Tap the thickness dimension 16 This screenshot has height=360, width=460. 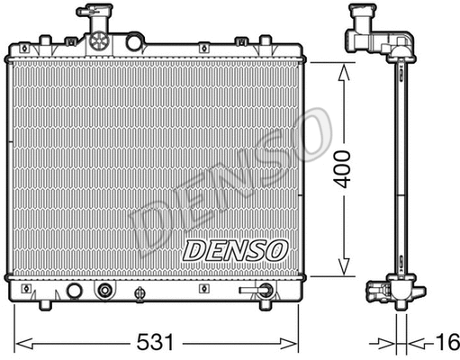click(447, 344)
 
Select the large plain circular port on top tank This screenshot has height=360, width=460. click(134, 42)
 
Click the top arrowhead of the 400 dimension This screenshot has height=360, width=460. click(343, 69)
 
